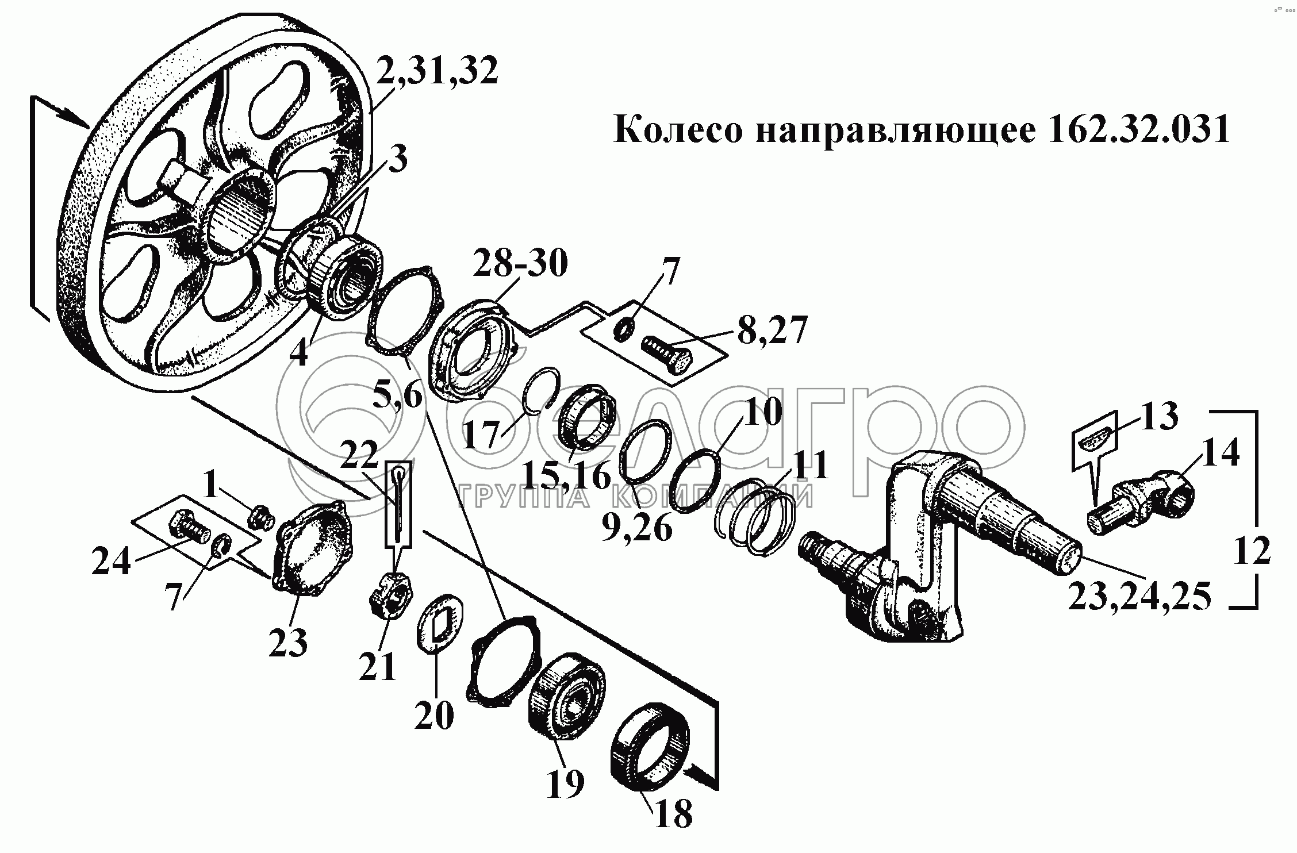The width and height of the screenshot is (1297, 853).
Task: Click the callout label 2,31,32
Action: (438, 71)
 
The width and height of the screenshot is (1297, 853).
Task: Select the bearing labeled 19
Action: (567, 697)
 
